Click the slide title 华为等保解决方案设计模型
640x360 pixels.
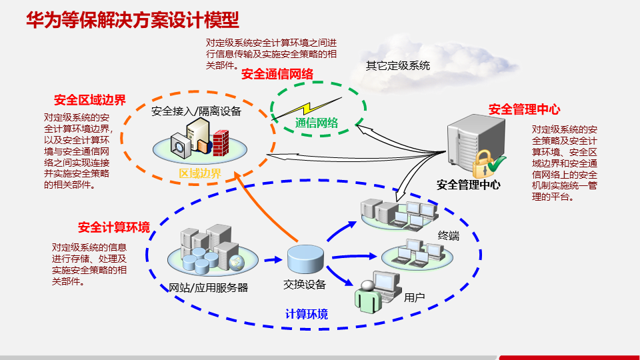coord(133,19)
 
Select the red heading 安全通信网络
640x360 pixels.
coord(277,74)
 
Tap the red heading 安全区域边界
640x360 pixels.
coord(90,101)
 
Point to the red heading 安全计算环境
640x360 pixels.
coord(113,227)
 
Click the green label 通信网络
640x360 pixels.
coord(317,123)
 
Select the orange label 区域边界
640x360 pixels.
coord(200,173)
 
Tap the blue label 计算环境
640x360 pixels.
coord(307,314)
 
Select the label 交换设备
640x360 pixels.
coord(305,285)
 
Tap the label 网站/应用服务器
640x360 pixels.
coord(209,288)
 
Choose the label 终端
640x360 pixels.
coord(449,235)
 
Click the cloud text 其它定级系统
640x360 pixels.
coord(398,65)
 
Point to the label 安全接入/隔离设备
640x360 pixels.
coord(197,111)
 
